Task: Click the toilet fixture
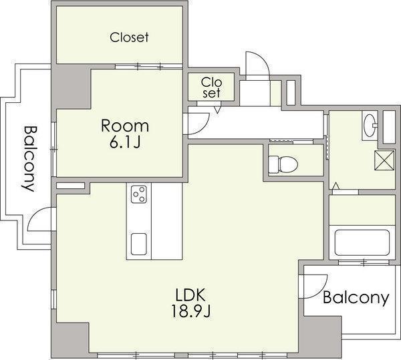(x=283, y=164)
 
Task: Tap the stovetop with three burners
(x=139, y=194)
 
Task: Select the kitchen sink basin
(x=139, y=244)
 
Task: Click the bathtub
(x=362, y=242)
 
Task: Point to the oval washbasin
(x=370, y=126)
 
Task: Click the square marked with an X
(x=384, y=160)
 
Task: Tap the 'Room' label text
(x=125, y=126)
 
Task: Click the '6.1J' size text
(x=125, y=142)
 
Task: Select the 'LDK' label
(x=190, y=295)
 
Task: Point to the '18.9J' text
(x=190, y=311)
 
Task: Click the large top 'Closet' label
(x=129, y=37)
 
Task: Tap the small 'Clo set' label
(x=211, y=87)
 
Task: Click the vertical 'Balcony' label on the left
(x=28, y=158)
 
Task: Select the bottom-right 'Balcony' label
(x=356, y=298)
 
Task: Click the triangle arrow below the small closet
(x=217, y=110)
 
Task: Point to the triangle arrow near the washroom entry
(x=336, y=186)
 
